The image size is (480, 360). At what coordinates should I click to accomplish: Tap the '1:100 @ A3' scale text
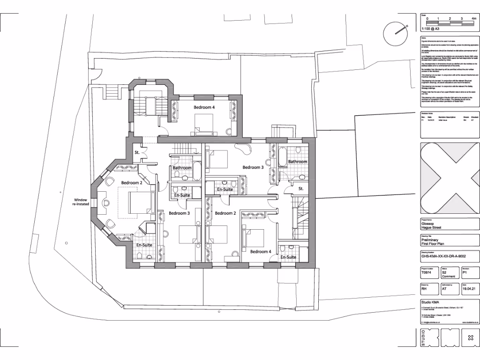click(431, 28)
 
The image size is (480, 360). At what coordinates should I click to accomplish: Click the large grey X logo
click(449, 179)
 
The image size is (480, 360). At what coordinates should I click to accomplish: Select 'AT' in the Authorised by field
click(444, 290)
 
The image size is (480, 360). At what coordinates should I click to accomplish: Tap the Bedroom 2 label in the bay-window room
click(132, 182)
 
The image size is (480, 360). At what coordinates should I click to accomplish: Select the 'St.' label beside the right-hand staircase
click(301, 188)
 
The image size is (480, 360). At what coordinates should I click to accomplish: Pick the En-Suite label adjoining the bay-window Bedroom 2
click(144, 245)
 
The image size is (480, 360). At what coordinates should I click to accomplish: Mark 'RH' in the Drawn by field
click(425, 290)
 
